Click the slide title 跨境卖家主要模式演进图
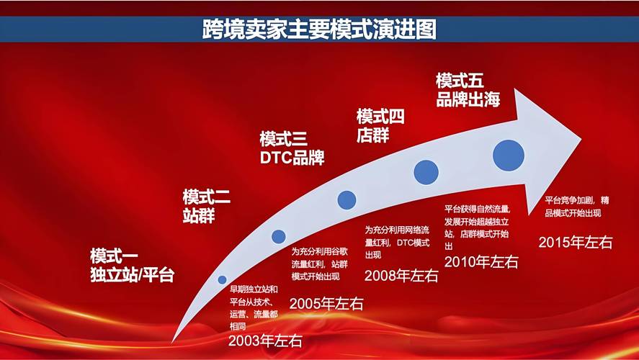coord(319,30)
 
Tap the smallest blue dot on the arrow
coord(222,279)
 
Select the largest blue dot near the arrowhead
coord(509,154)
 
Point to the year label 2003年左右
coord(265,341)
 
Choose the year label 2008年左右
coord(401,275)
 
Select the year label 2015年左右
coord(576,243)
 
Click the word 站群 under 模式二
coord(199,215)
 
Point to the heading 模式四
coord(380,117)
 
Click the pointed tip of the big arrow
coord(581,135)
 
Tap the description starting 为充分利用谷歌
coord(321,264)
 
